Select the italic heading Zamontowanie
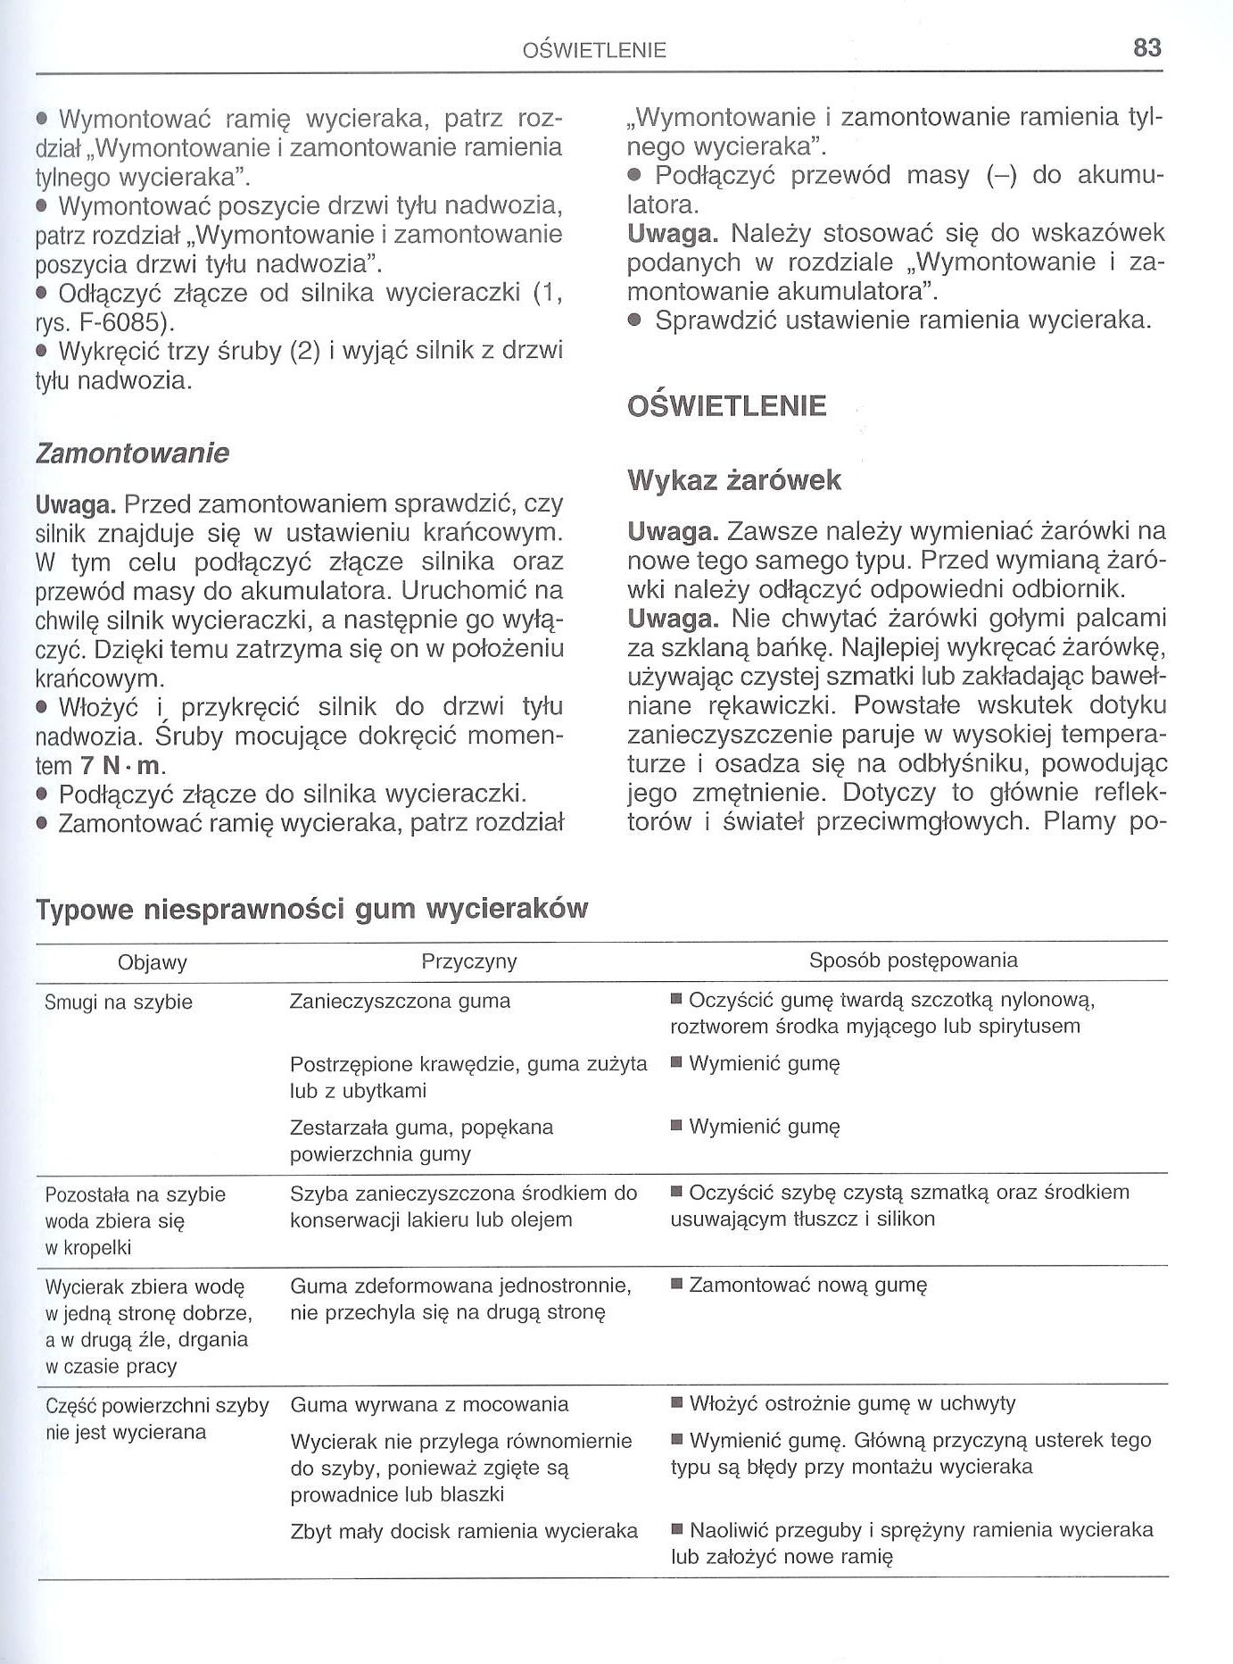(132, 453)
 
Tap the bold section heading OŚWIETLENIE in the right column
(727, 406)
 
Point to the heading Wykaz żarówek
(734, 480)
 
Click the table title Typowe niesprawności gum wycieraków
(311, 909)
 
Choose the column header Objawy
(153, 962)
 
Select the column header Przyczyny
(468, 961)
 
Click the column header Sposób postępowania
(913, 961)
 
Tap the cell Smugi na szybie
(119, 1003)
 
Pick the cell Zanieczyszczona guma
(400, 1002)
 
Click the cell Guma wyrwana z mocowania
(429, 1404)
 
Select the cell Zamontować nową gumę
(807, 1285)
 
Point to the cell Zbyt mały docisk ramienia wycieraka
(464, 1531)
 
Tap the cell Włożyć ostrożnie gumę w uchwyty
(852, 1403)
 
